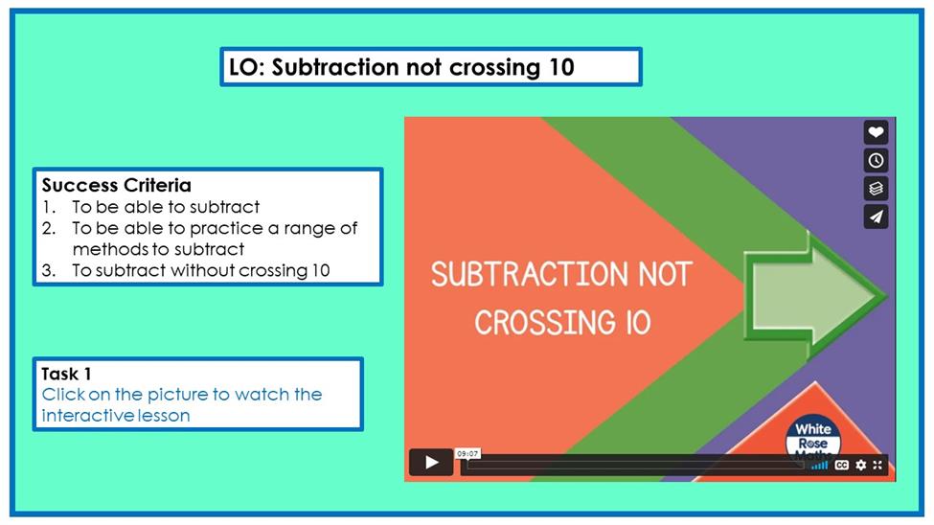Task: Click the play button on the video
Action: [x=431, y=462]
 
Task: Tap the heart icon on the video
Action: [x=876, y=132]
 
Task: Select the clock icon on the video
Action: [x=876, y=160]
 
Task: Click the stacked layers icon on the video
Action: [x=876, y=189]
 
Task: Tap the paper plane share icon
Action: [x=876, y=217]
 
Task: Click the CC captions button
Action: [x=842, y=465]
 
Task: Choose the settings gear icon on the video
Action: [x=861, y=465]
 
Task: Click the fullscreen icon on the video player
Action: [x=877, y=465]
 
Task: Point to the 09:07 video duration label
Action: [x=467, y=453]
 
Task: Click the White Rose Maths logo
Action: [x=813, y=438]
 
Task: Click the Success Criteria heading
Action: [x=117, y=185]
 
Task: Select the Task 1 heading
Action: [x=66, y=375]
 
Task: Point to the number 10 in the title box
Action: [x=561, y=67]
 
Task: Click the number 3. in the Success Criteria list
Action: [x=49, y=271]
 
